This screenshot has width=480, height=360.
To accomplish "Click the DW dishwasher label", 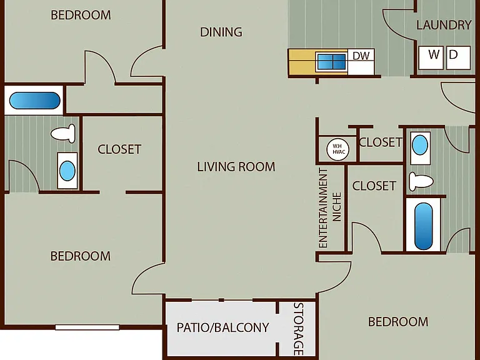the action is (x=361, y=56).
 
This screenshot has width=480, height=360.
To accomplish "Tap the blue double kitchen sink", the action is (x=331, y=61).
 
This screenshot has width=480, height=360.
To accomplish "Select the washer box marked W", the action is (x=431, y=57).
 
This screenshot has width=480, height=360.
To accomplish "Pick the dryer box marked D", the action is (x=458, y=57).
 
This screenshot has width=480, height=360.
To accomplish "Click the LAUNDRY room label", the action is (x=444, y=25).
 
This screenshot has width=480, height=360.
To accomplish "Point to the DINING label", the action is (x=221, y=32).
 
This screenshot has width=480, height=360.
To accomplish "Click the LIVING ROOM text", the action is (x=236, y=167).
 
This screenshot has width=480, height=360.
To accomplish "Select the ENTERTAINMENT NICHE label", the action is (x=330, y=207).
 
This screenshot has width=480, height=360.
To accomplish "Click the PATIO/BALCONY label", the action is (x=222, y=327).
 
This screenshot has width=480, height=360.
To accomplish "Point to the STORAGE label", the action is (x=299, y=329).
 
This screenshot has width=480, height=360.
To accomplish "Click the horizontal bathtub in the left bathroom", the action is (x=34, y=101).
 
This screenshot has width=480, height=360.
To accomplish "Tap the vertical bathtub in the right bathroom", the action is (x=423, y=226).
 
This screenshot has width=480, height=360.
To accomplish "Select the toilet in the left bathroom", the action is (x=63, y=134).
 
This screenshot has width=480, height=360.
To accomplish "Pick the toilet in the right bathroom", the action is (x=421, y=181).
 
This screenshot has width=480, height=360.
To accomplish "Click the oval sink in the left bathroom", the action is (x=67, y=171).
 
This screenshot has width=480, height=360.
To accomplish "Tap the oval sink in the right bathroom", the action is (x=420, y=146).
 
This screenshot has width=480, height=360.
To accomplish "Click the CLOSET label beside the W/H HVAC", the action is (x=381, y=142).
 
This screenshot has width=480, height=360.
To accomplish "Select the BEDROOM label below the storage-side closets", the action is (x=398, y=322).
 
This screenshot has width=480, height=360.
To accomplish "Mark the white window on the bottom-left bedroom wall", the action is (x=87, y=327).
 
